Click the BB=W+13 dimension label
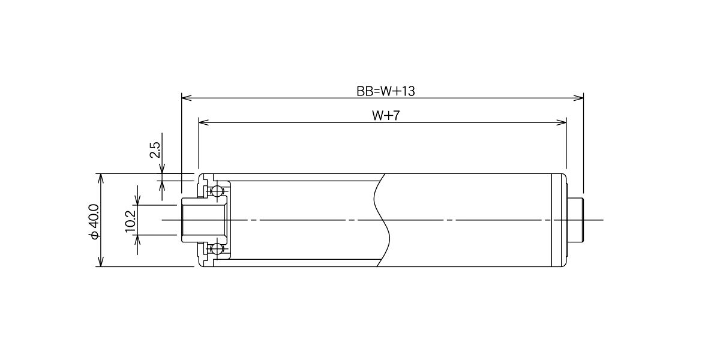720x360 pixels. tap(386, 91)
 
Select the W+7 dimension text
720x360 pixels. tap(386, 115)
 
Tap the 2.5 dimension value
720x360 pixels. tap(155, 149)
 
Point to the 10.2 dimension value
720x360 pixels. tap(131, 221)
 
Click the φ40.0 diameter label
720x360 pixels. tap(95, 222)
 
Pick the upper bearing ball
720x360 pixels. tap(217, 191)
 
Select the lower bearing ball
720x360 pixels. tap(217, 249)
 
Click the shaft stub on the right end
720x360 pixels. tap(575, 220)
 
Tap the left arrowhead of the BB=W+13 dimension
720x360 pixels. tap(187, 98)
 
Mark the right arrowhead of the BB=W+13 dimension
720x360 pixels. tap(578, 98)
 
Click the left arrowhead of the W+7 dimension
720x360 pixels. tap(204, 122)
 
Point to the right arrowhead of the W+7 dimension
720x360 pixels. tap(561, 122)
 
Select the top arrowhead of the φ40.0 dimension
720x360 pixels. tap(101, 178)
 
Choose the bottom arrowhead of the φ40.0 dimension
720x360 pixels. tap(101, 262)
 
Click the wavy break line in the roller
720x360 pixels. tap(382, 220)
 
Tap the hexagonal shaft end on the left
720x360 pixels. tap(205, 220)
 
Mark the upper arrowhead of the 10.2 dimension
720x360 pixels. tap(138, 200)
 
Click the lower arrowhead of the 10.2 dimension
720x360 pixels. tap(138, 240)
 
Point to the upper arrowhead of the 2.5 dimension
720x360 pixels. tap(162, 169)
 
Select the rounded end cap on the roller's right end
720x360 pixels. tap(559, 220)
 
